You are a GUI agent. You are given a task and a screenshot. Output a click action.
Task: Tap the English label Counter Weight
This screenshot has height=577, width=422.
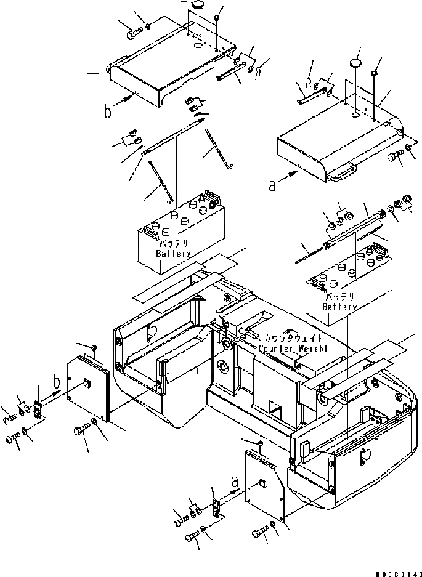click(x=293, y=349)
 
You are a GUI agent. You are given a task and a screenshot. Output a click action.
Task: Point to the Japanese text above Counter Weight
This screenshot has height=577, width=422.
click(x=297, y=339)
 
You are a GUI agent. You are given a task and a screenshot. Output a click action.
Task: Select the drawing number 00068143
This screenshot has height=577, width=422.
click(x=394, y=571)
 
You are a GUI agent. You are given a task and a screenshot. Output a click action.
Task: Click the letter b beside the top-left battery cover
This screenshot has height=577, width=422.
click(x=108, y=112)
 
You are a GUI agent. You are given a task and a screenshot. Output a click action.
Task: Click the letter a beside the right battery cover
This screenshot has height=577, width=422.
click(x=272, y=184)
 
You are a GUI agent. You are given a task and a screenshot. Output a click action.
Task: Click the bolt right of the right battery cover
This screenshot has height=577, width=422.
click(x=394, y=158)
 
